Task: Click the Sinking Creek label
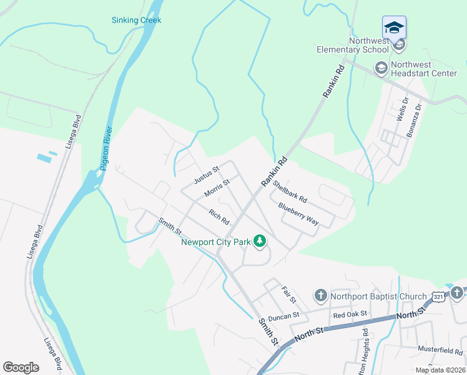(x=136, y=20)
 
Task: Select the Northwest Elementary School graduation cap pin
(x=394, y=27)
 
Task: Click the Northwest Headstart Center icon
(x=381, y=67)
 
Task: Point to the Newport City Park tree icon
(x=260, y=241)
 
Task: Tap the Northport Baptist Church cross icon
(x=320, y=295)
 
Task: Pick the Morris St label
(x=217, y=188)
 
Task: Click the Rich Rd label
(x=219, y=217)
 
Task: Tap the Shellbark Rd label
(x=290, y=191)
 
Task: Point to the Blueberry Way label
(x=298, y=214)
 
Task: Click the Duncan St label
(x=283, y=317)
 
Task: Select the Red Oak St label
(x=350, y=314)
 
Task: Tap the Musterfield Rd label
(x=440, y=352)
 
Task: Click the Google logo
(x=21, y=367)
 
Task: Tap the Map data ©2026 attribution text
(x=440, y=370)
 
